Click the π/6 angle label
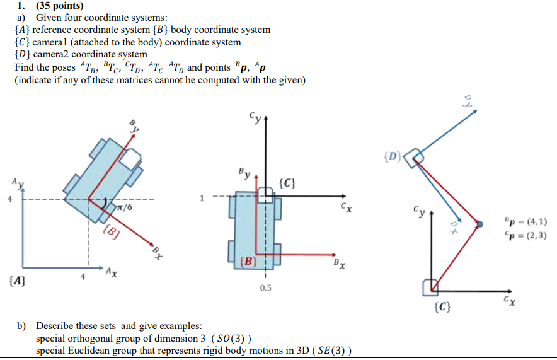tap(124, 206)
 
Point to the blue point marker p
tap(480, 224)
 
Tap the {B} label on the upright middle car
tap(248, 260)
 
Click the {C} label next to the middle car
tap(287, 183)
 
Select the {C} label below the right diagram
tap(442, 307)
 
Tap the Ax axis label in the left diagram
tap(111, 272)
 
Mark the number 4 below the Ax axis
tap(81, 276)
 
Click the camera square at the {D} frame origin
tap(414, 158)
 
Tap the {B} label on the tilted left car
tap(110, 231)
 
